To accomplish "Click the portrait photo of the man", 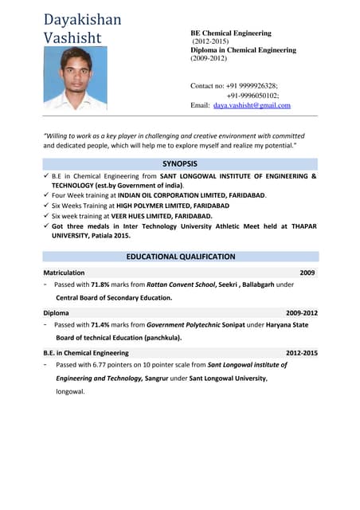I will click(x=75, y=78).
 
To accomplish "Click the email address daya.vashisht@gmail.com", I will click(x=252, y=105).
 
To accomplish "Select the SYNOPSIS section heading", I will click(x=180, y=163).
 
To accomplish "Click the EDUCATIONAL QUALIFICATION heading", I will click(x=180, y=257).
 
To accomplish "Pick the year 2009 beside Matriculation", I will click(x=307, y=273).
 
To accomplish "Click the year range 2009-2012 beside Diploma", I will click(x=301, y=313).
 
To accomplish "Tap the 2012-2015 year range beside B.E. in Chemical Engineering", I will click(x=301, y=353).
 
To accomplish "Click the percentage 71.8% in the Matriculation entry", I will click(x=100, y=284).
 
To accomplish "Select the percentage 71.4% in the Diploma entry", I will click(x=100, y=325).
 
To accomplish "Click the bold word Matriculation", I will click(x=64, y=273).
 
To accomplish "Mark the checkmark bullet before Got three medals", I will click(x=46, y=226).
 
